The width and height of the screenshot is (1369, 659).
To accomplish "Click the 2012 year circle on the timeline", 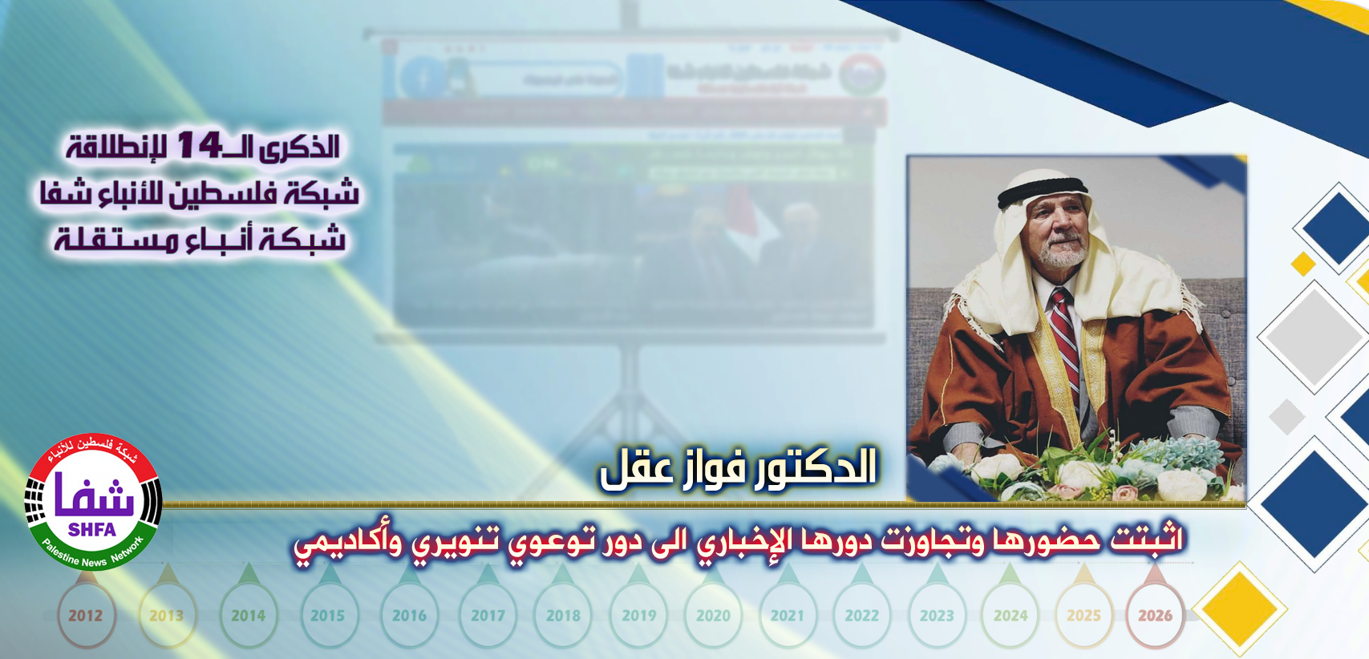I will tap(85, 616).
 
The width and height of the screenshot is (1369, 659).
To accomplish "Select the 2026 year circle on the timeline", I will tap(1155, 616).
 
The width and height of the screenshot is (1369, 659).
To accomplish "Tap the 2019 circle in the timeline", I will tap(639, 616).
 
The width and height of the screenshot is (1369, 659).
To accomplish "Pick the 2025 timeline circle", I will tap(1083, 616).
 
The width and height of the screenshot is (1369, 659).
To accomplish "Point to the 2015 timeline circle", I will tap(327, 616).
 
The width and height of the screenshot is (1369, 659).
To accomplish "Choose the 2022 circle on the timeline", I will tap(862, 616).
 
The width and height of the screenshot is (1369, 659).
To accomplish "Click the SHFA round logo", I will tap(93, 502).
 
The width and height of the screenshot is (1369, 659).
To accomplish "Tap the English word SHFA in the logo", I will tap(92, 530).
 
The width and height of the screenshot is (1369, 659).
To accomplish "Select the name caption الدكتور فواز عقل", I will tap(739, 467).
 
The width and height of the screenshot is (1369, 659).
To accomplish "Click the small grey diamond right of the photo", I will tap(1287, 417).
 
